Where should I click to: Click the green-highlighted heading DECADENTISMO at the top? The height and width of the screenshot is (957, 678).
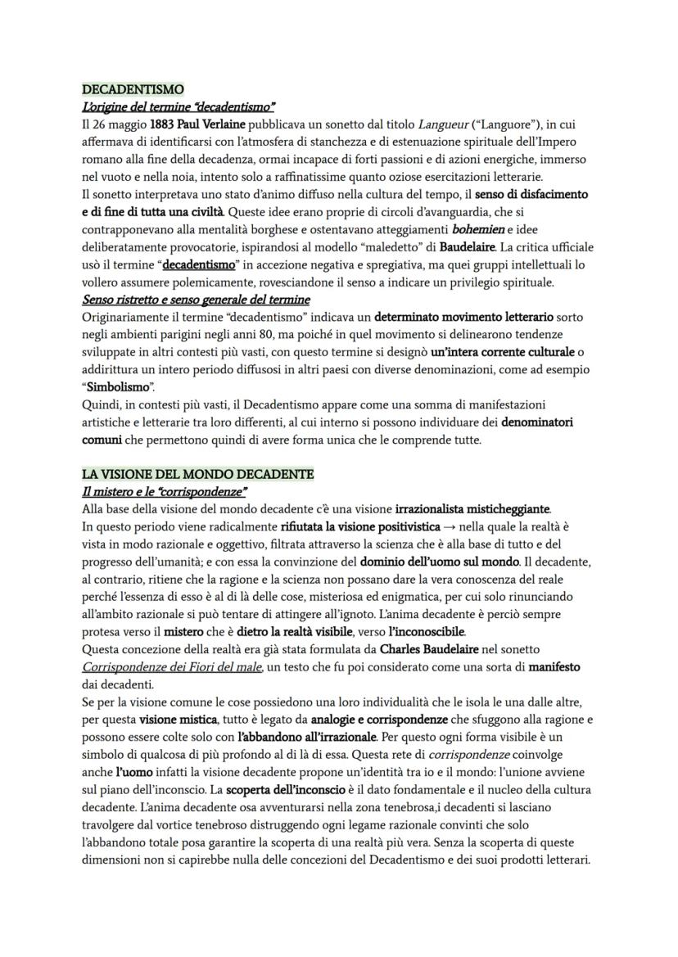point(133,89)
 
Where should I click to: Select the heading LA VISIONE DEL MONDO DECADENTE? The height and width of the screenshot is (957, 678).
point(197,475)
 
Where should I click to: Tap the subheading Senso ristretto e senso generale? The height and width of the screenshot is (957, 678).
point(196,300)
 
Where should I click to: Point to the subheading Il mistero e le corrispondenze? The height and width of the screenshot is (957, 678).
point(165,491)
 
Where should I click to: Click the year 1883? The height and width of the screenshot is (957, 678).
point(161,124)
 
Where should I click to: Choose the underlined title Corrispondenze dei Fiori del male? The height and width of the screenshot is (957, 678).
point(172,668)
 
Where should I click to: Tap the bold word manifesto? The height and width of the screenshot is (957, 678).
point(554,668)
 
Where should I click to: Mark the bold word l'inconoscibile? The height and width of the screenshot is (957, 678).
point(424,633)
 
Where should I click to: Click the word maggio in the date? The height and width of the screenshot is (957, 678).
point(125,124)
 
